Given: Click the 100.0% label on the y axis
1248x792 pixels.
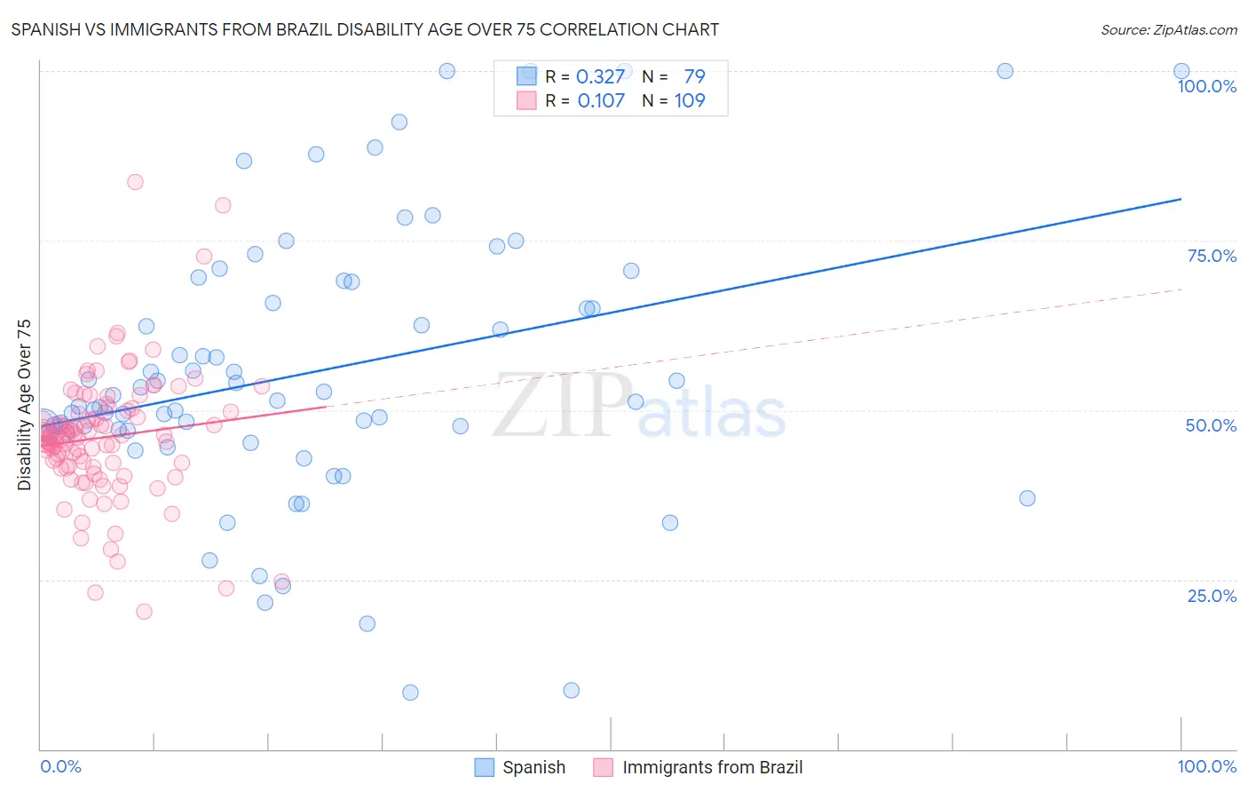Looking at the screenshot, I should pyautogui.click(x=1206, y=86).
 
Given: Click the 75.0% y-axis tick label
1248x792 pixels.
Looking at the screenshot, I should pyautogui.click(x=1212, y=256).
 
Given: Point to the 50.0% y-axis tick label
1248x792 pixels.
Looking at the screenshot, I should pyautogui.click(x=1211, y=425).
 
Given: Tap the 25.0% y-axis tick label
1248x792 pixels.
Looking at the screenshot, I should pyautogui.click(x=1212, y=596).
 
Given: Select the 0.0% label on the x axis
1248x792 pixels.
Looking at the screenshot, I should pyautogui.click(x=60, y=766).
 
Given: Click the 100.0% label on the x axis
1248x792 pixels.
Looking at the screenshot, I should pyautogui.click(x=1206, y=766).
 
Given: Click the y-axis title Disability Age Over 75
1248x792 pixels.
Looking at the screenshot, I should pyautogui.click(x=25, y=405).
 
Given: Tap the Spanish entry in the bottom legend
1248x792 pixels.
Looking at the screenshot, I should pyautogui.click(x=533, y=767).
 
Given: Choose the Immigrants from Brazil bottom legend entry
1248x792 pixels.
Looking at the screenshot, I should pyautogui.click(x=712, y=767).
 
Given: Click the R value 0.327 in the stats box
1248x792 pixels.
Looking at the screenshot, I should pyautogui.click(x=600, y=76).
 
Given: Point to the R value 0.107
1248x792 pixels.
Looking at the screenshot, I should pyautogui.click(x=601, y=100).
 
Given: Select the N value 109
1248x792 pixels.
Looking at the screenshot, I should pyautogui.click(x=690, y=100).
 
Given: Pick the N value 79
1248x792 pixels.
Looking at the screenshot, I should pyautogui.click(x=694, y=76).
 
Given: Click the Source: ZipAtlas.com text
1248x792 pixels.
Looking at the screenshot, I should pyautogui.click(x=1168, y=29).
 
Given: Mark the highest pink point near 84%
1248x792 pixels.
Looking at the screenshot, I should pyautogui.click(x=135, y=182).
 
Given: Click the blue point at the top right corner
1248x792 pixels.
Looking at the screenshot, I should pyautogui.click(x=1181, y=71).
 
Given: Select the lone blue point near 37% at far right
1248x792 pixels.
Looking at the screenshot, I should pyautogui.click(x=1027, y=498).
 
